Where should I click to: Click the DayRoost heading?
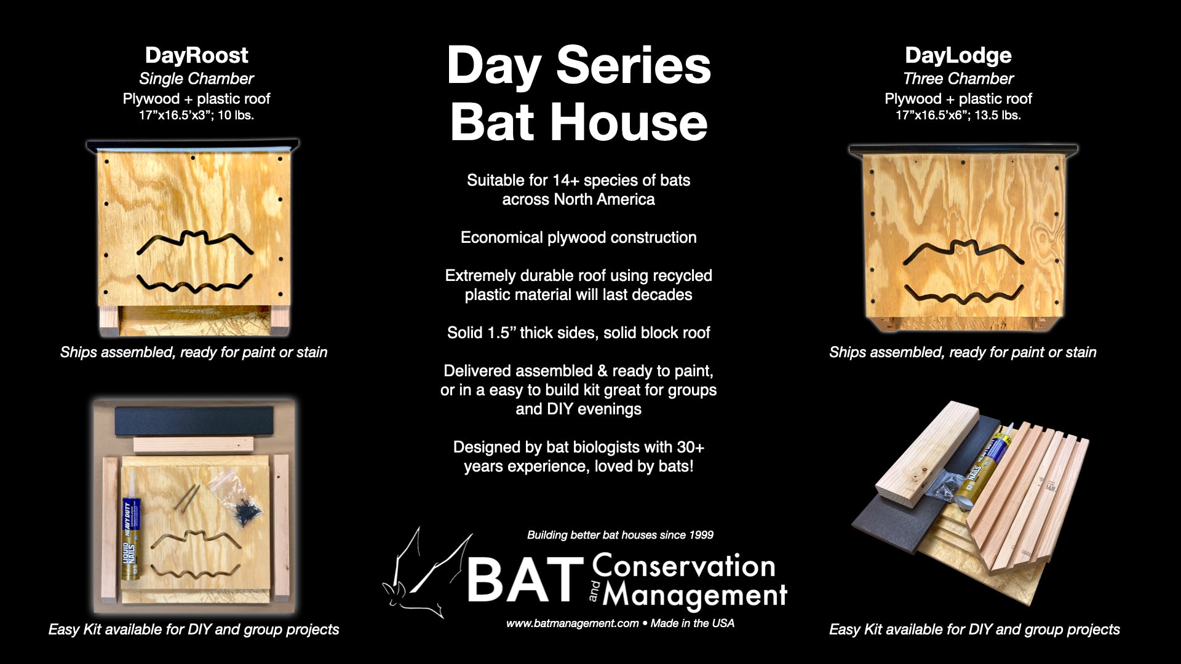(196, 55)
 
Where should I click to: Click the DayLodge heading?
(958, 55)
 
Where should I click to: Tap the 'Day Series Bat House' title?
(579, 93)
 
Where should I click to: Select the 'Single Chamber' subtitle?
(196, 79)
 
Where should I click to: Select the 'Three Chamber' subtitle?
(958, 79)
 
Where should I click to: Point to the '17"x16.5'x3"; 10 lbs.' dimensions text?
(196, 115)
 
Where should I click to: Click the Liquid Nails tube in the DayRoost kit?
(132, 540)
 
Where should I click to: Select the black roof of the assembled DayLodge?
(963, 150)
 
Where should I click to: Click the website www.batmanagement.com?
(572, 623)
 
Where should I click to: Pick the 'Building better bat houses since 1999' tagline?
(620, 535)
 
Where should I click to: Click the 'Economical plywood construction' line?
(579, 238)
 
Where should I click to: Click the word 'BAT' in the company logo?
(525, 579)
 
